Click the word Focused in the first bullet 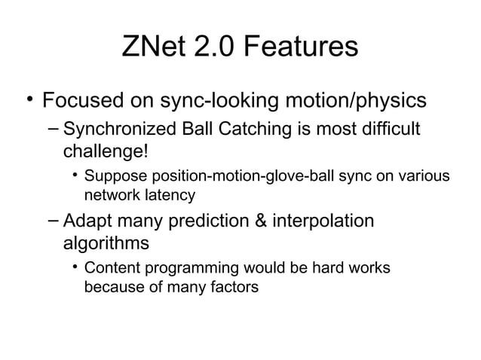pyautogui.click(x=84, y=100)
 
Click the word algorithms pyautogui.click(x=105, y=244)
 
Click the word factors pyautogui.click(x=232, y=286)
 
